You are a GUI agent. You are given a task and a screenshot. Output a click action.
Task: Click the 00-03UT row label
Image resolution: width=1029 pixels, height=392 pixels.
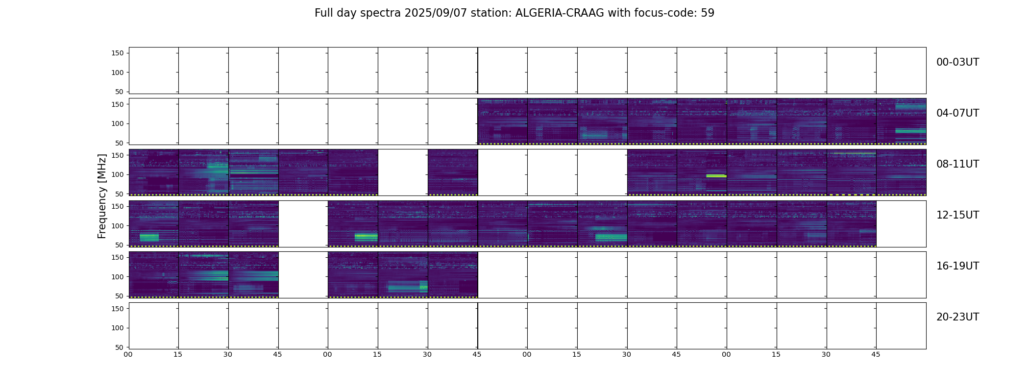[957, 62]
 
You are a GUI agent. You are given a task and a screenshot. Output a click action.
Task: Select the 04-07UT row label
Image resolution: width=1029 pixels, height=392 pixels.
[957, 113]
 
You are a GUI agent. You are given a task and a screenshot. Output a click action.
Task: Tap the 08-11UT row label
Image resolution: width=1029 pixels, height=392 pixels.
[957, 164]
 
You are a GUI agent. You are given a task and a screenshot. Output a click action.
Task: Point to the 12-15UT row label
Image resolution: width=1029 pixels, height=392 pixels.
[957, 215]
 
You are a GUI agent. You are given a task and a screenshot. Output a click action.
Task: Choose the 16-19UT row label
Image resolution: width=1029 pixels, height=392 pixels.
[957, 266]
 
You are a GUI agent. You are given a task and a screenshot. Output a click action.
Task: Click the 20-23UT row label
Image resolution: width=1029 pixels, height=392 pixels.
[957, 317]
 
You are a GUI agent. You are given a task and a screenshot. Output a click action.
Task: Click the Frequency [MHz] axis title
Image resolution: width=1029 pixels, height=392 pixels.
[102, 196]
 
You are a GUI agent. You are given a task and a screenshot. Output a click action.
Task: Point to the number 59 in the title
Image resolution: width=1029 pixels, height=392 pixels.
[708, 13]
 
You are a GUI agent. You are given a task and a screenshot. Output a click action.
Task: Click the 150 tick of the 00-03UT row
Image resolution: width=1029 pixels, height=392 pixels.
[118, 53]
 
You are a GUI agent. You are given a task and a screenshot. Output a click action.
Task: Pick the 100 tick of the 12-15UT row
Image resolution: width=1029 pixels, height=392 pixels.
[118, 226]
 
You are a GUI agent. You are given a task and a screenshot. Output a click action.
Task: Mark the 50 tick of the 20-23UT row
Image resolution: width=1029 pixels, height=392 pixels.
[120, 347]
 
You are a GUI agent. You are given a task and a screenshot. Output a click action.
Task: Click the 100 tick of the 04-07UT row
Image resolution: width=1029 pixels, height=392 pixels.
[118, 123]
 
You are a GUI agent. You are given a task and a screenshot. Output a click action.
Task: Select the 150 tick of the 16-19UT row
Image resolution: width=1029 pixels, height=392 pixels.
[118, 257]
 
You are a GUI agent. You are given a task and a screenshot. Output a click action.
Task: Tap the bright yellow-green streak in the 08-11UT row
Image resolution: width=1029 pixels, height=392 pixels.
[716, 175]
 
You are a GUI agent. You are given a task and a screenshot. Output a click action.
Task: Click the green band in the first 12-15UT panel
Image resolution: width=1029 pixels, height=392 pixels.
[149, 238]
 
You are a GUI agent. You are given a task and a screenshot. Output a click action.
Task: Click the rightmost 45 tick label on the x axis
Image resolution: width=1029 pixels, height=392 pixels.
[876, 354]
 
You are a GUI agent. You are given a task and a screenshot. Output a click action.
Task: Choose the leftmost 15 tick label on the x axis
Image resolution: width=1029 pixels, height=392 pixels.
[178, 354]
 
